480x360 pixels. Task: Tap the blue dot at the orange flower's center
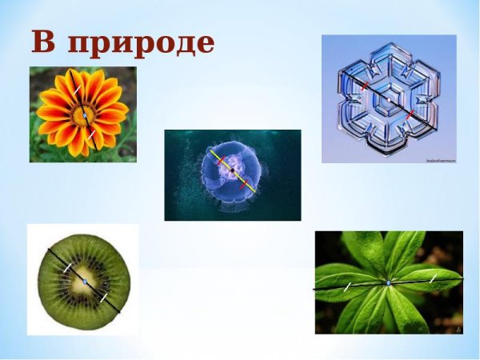point(84,117)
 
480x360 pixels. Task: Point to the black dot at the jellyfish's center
point(232,170)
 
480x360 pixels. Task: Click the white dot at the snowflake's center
point(389,99)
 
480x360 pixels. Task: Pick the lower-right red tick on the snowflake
point(410,115)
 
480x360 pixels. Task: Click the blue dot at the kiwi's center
point(84,282)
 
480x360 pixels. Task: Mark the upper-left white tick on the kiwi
point(67,267)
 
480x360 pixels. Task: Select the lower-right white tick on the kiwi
point(103,297)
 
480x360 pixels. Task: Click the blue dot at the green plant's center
point(389,282)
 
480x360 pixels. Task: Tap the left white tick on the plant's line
point(347,286)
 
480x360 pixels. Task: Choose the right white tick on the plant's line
point(433,278)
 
